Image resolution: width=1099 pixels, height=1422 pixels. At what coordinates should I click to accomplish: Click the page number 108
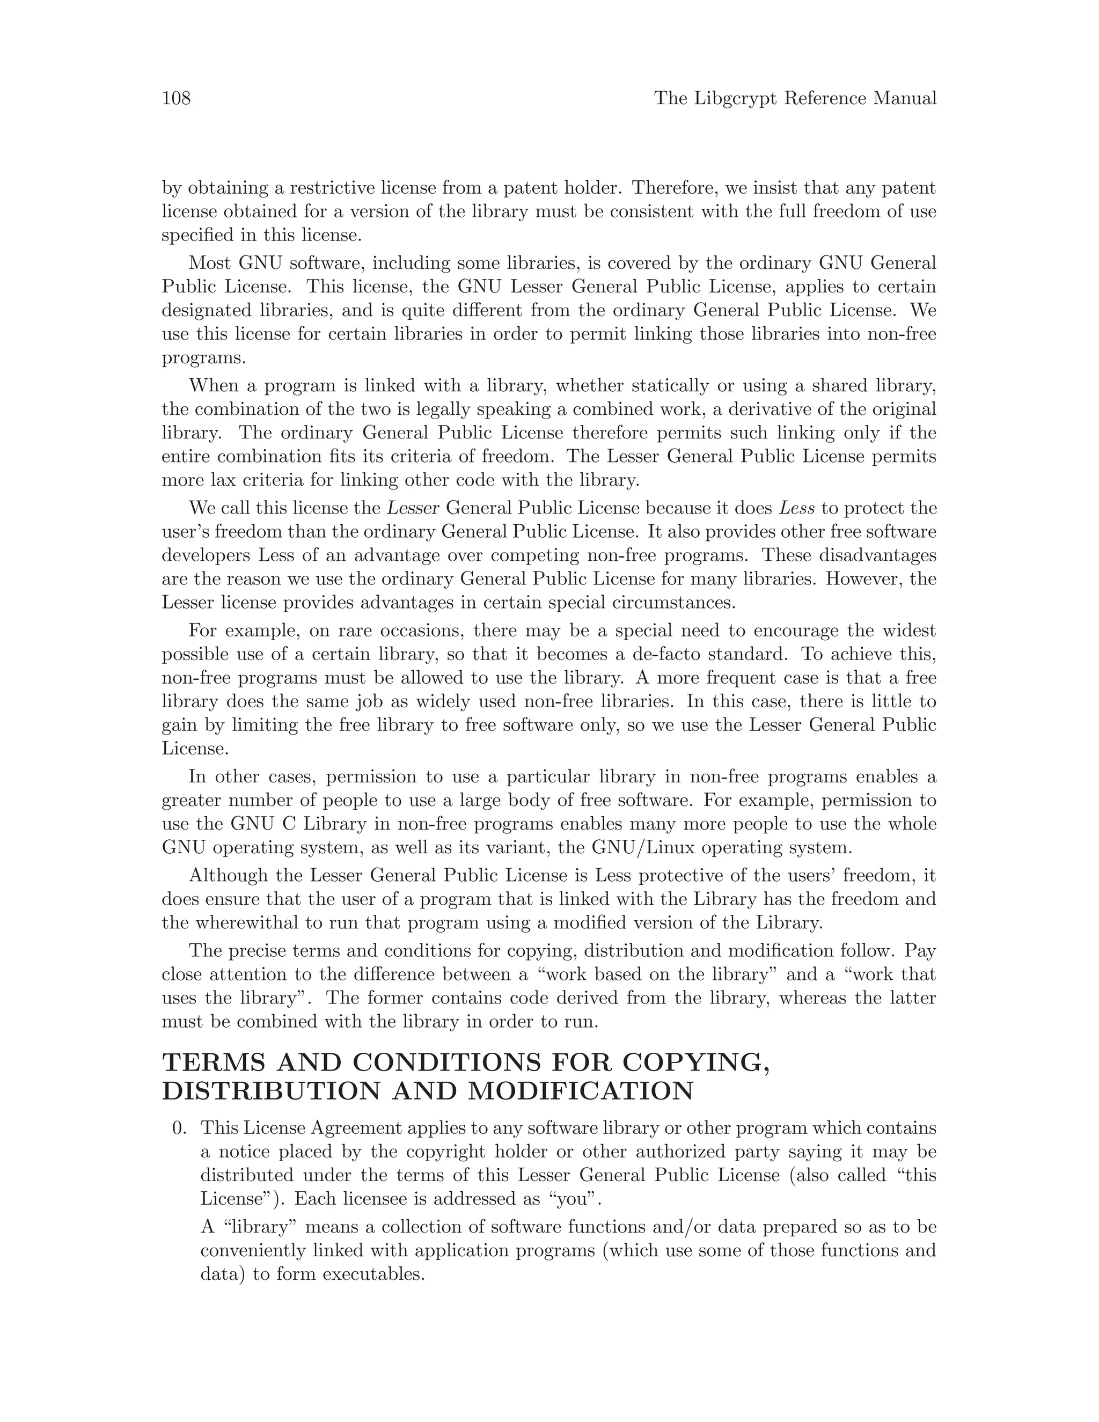[176, 98]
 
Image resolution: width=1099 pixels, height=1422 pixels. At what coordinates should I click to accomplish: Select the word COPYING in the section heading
[696, 1062]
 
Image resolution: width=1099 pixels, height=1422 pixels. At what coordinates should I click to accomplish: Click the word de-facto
[666, 654]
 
